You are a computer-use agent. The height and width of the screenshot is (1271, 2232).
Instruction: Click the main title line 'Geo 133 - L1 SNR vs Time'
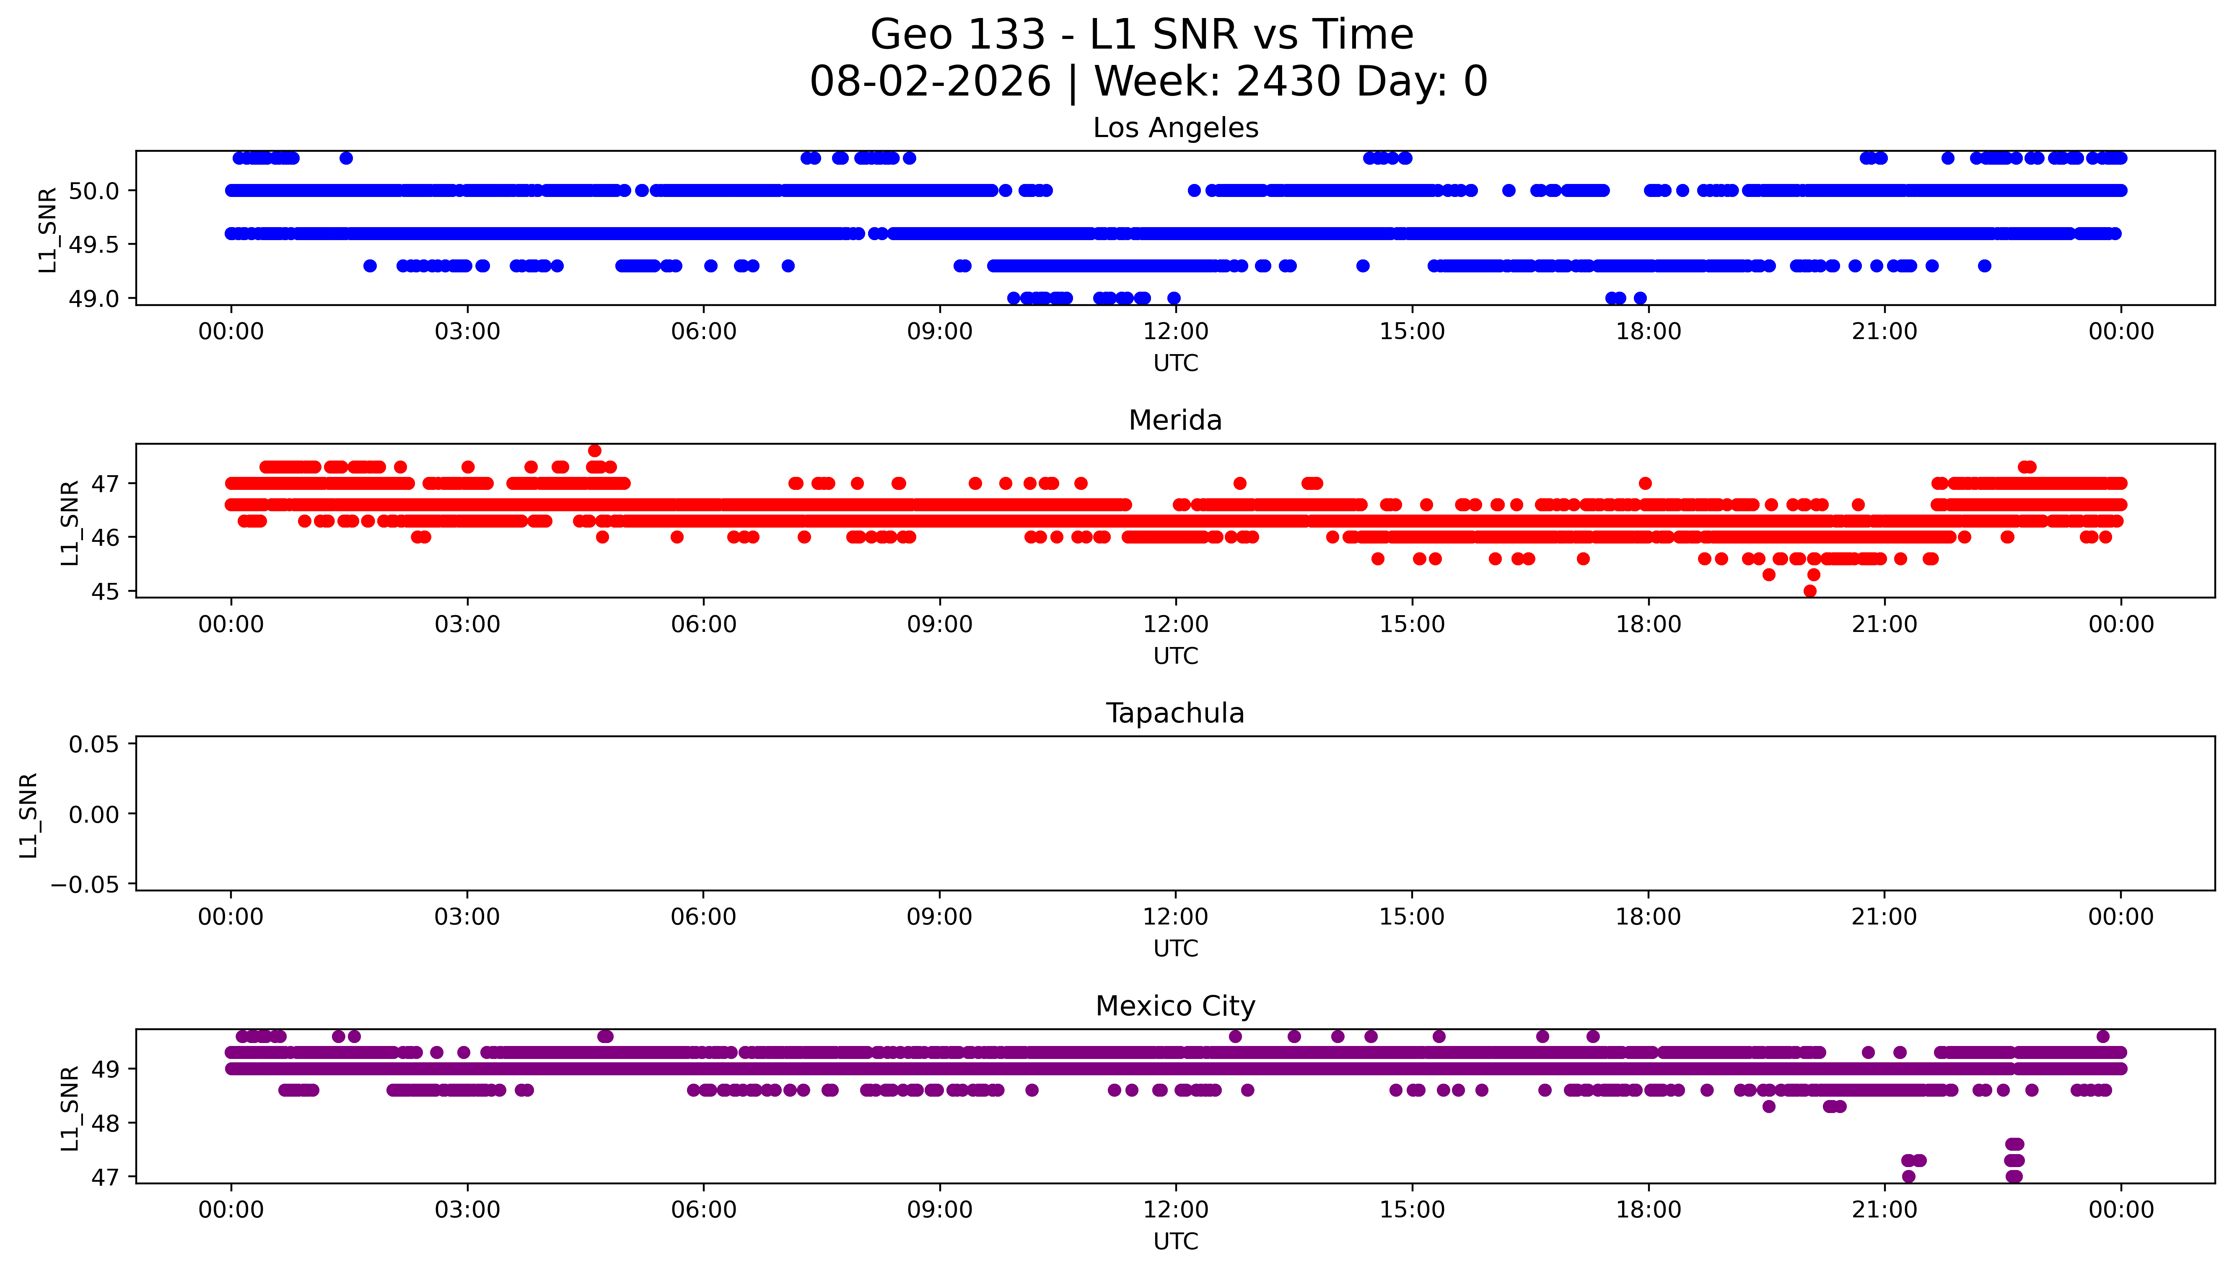1142,35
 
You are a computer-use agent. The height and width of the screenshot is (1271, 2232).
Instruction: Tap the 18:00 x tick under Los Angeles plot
1648,332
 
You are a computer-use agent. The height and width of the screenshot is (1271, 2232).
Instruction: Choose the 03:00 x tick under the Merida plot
467,624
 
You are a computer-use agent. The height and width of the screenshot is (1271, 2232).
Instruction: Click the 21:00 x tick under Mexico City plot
1885,1210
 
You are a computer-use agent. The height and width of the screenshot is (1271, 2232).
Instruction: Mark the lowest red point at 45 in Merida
1809,591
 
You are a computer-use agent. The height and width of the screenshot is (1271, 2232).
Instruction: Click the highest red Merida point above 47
594,450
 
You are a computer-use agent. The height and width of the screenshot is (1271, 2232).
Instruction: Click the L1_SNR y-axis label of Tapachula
29,815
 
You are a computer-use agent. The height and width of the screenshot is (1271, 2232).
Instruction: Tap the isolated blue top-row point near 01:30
346,158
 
